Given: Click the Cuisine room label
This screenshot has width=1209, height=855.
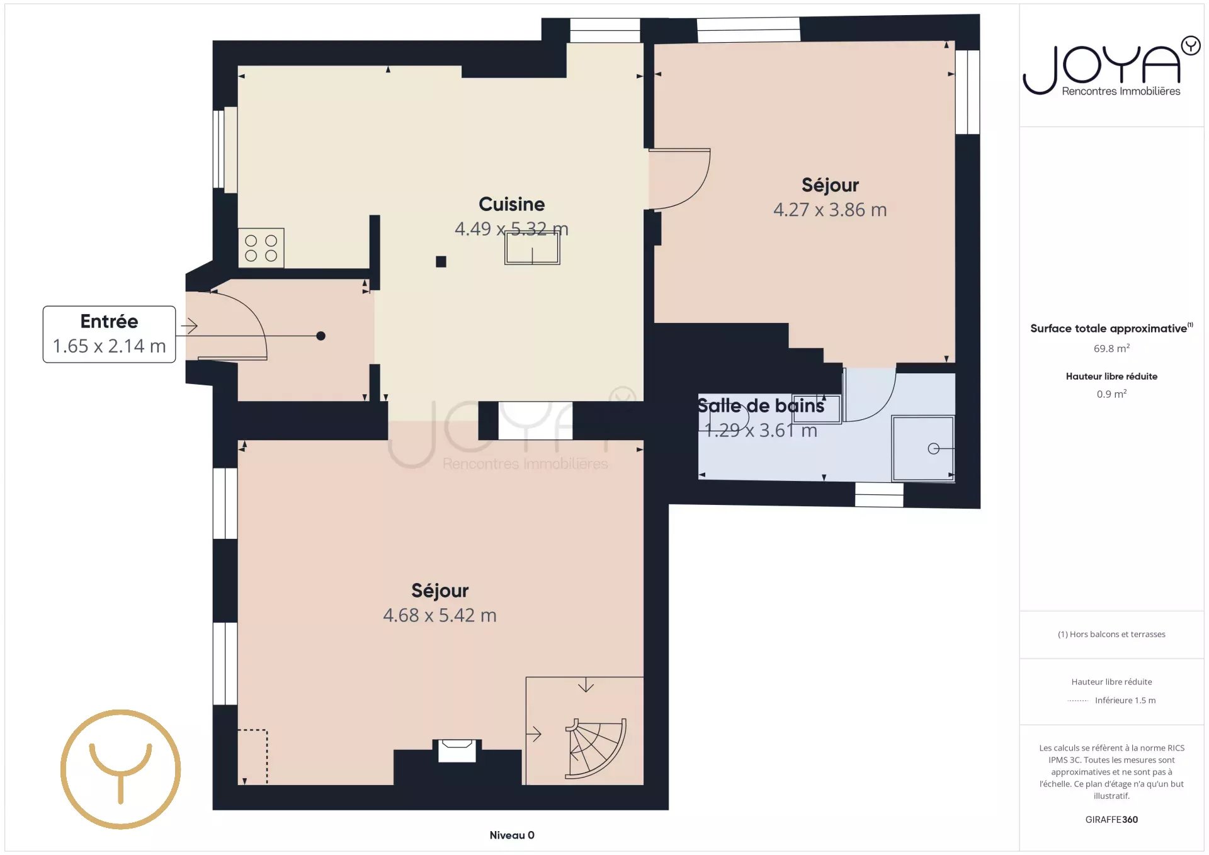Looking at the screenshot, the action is (x=511, y=204).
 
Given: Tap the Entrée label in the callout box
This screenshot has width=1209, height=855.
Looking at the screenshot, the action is (x=109, y=321).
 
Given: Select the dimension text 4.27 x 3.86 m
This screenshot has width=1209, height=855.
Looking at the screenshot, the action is (x=830, y=210).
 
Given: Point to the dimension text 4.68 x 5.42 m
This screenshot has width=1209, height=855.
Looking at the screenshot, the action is (x=440, y=615).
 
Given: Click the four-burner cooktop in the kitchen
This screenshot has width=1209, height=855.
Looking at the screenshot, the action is (x=261, y=248).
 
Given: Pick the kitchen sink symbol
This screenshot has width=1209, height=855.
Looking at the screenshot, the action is (x=532, y=248).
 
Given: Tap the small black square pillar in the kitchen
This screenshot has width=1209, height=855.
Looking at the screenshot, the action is (x=441, y=261).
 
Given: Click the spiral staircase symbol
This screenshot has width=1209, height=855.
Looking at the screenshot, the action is (x=595, y=749).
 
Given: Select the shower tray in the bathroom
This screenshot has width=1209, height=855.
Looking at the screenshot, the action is (x=922, y=448).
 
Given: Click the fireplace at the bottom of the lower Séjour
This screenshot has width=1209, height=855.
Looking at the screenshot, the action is (x=457, y=750).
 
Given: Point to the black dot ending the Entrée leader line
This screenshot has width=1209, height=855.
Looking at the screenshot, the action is (x=321, y=336).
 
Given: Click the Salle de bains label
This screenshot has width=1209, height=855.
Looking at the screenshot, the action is (x=760, y=405).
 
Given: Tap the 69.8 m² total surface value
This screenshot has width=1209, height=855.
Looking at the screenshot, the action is (x=1111, y=348).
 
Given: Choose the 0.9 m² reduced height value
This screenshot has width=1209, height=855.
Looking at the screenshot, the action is (x=1111, y=394).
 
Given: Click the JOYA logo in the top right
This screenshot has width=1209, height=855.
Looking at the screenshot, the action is (x=1111, y=66).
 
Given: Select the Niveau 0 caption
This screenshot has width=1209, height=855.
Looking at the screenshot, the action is (x=512, y=835).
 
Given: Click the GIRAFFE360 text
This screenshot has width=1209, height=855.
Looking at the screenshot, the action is (x=1111, y=819).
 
